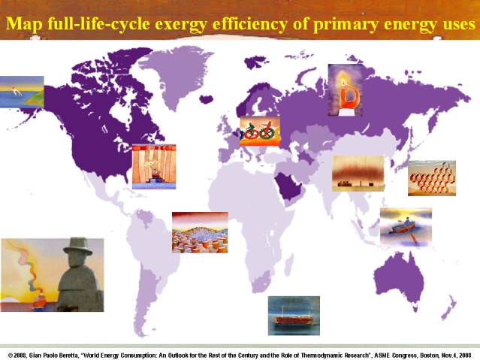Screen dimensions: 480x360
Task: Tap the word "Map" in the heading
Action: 23,24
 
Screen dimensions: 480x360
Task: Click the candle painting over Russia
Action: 346,90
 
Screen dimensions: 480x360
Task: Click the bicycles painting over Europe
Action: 260,131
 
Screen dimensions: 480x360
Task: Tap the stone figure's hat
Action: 78,246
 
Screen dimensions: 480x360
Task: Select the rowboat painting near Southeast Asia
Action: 406,227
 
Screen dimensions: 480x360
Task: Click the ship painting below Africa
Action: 294,316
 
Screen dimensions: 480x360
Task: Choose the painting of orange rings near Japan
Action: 432,178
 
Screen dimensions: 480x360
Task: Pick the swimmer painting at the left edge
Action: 22,92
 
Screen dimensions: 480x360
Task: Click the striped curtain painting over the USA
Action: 154,167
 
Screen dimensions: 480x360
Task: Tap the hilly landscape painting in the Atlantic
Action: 200,232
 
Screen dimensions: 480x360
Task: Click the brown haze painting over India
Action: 358,174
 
